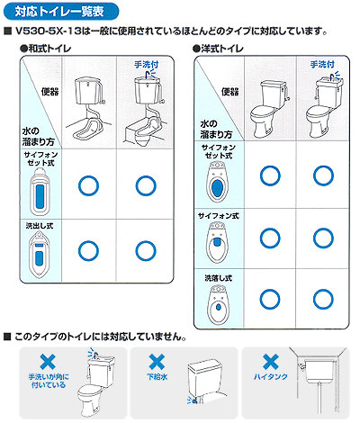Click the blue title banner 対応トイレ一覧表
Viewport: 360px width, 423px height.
[60, 12]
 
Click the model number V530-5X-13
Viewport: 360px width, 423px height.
[48, 31]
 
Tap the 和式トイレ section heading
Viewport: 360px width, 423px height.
[46, 49]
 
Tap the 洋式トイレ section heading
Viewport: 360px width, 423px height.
[219, 49]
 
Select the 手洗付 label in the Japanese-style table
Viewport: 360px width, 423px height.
[147, 64]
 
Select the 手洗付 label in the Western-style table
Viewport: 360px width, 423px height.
[322, 64]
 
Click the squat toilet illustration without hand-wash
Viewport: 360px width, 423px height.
[88, 109]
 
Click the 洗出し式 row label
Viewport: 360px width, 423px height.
[40, 226]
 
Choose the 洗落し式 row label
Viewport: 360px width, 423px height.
[219, 278]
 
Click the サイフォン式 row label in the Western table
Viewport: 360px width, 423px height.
[219, 216]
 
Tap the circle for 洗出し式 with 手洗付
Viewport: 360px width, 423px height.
[146, 251]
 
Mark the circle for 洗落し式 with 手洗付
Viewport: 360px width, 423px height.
[323, 300]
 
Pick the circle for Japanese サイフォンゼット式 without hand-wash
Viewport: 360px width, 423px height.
[88, 185]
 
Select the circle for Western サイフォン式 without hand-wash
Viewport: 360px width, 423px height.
[270, 238]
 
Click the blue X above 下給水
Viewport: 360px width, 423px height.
[157, 362]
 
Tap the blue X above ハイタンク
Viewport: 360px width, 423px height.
[271, 362]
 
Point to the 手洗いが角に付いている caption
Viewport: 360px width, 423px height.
[49, 381]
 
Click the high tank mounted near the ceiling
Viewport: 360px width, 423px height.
[319, 372]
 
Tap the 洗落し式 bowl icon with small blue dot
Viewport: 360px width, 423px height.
[219, 305]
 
